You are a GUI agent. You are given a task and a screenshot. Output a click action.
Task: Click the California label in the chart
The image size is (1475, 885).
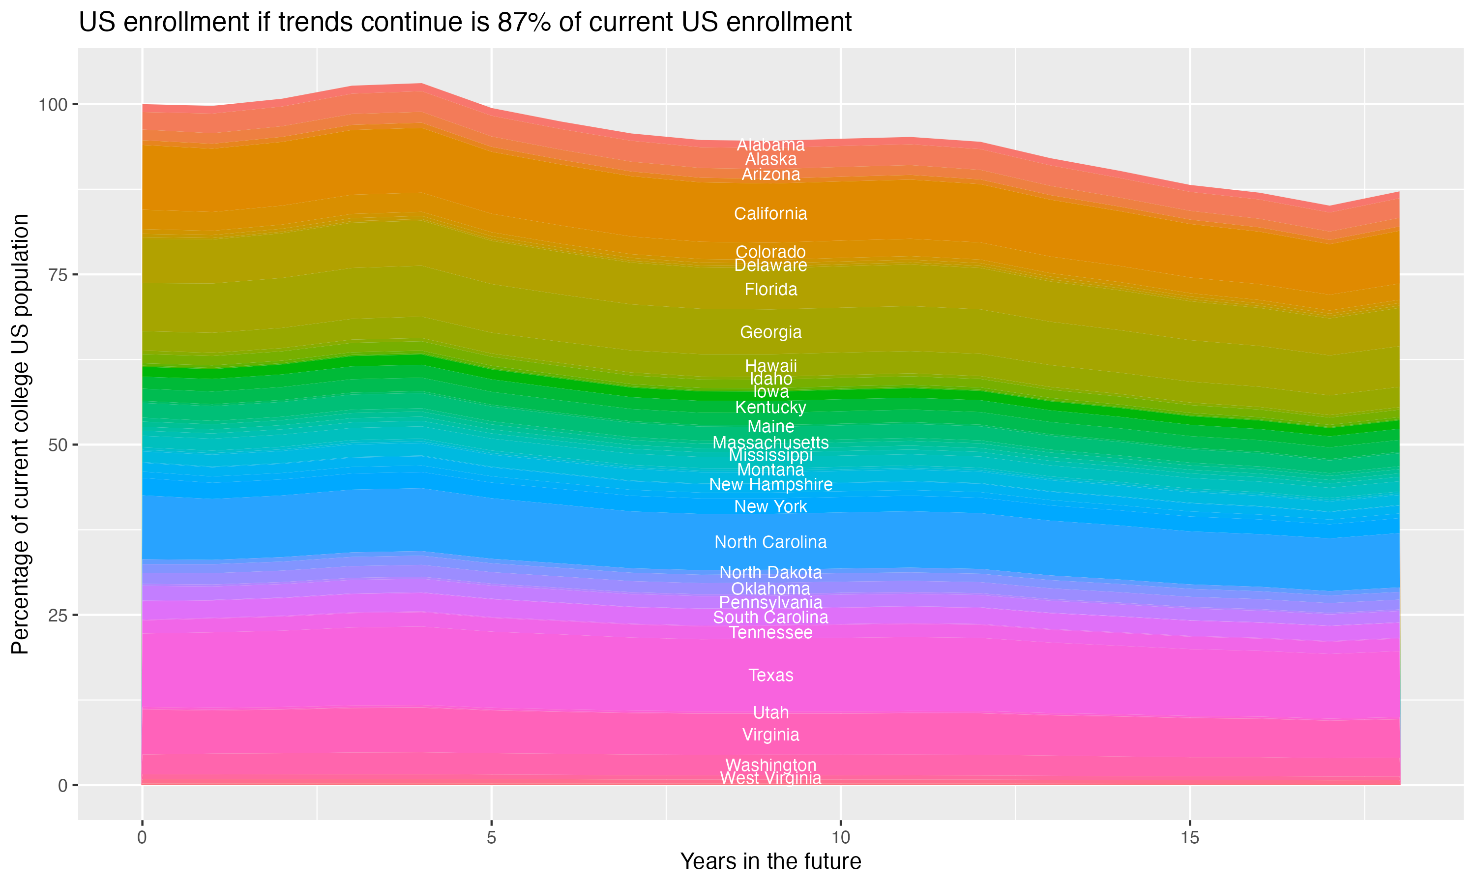tap(770, 213)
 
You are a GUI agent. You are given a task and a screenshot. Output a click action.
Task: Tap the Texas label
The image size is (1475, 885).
tap(770, 675)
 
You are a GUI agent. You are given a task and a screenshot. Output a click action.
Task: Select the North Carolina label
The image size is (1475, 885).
tap(770, 542)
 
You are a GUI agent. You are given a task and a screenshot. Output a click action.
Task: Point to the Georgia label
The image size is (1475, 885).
tap(770, 332)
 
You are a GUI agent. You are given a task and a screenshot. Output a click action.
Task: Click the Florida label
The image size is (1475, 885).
tap(770, 289)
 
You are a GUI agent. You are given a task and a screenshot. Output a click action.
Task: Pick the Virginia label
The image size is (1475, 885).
tap(770, 735)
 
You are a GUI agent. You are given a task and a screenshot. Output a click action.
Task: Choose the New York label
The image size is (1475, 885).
tap(770, 506)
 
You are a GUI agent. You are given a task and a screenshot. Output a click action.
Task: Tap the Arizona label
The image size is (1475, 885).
tap(770, 174)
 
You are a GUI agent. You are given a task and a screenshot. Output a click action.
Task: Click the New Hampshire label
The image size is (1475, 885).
tap(770, 484)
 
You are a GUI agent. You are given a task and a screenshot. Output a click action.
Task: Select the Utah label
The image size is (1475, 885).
tap(770, 712)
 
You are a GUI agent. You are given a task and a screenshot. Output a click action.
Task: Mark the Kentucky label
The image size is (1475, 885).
tap(770, 407)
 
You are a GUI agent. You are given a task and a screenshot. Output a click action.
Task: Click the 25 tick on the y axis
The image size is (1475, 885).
tap(57, 615)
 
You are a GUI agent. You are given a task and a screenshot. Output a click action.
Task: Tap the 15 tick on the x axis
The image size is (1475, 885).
tap(1189, 838)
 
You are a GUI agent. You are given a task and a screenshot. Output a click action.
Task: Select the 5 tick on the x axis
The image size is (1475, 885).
tap(491, 838)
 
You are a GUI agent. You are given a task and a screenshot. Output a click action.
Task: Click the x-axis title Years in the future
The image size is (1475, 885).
tap(770, 861)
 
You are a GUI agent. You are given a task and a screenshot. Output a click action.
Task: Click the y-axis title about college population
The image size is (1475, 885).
tap(20, 434)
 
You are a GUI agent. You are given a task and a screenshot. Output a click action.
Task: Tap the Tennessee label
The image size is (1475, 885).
tap(770, 632)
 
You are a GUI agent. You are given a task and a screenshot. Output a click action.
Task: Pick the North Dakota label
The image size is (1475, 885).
tap(770, 572)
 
